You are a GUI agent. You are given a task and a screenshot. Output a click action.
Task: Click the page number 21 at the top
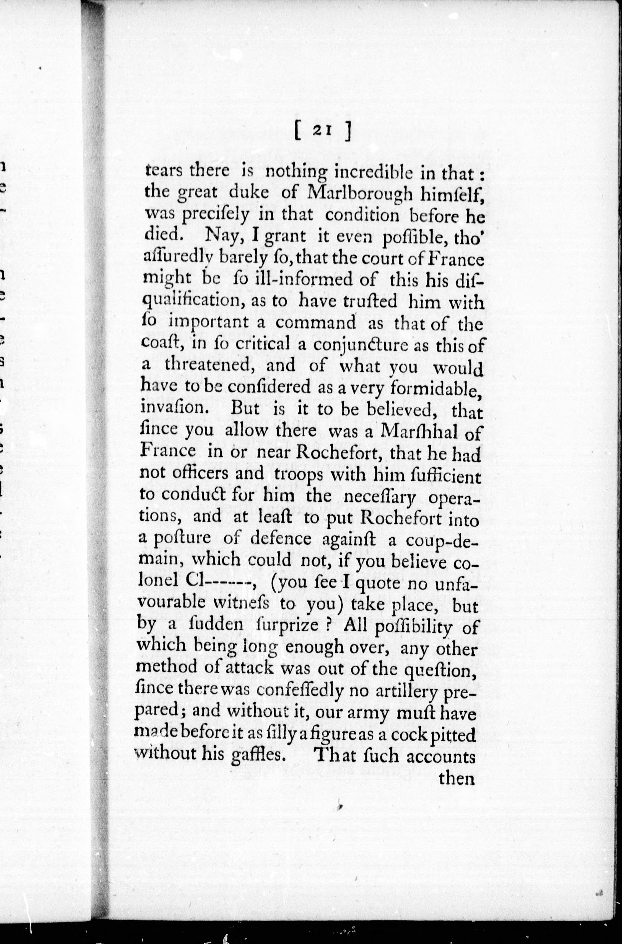click(322, 131)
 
